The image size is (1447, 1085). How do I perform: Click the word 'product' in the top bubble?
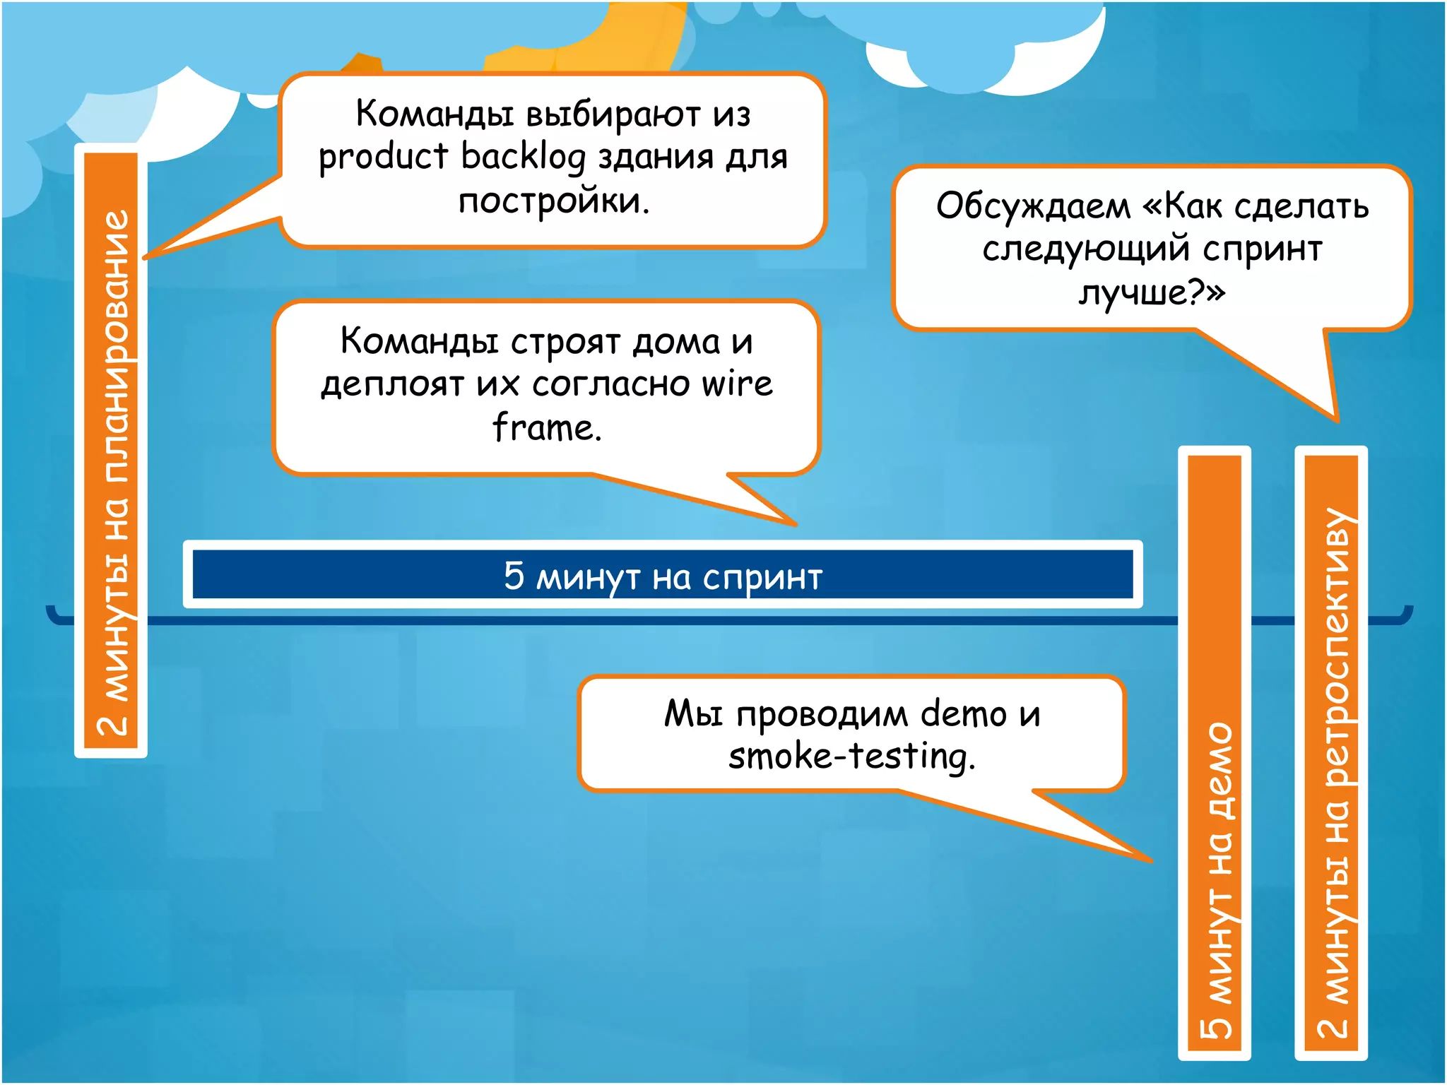click(383, 158)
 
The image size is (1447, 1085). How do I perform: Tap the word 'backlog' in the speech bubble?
click(523, 156)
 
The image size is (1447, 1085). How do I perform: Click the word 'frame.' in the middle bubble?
click(547, 428)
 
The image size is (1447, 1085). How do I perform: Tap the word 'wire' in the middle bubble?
click(737, 384)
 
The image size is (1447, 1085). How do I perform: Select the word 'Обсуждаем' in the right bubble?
click(1033, 206)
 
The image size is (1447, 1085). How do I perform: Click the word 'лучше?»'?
click(1152, 292)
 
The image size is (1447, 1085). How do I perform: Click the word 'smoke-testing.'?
click(851, 757)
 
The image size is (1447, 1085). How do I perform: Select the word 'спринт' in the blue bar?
click(762, 578)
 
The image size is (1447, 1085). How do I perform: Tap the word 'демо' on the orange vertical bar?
click(1217, 770)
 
